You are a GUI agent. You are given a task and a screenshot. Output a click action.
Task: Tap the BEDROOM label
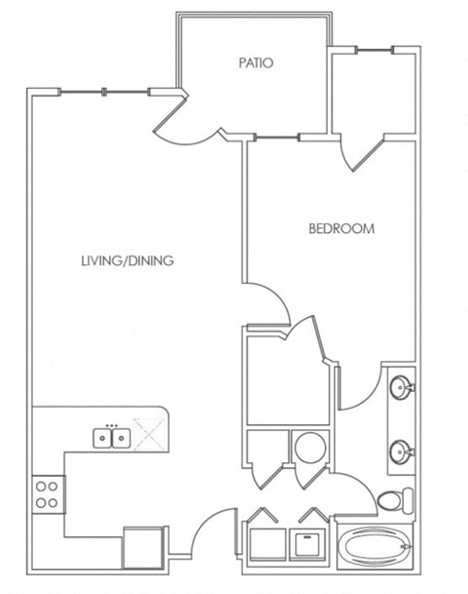(341, 228)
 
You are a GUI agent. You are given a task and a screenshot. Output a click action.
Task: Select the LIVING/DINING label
(128, 260)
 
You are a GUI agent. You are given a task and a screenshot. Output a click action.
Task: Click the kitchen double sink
(112, 438)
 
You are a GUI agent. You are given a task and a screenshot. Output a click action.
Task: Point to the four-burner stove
(48, 495)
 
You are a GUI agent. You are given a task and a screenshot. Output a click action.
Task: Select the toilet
(395, 500)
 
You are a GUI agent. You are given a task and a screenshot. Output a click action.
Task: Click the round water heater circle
(310, 447)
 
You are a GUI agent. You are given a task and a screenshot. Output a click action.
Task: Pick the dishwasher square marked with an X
(149, 434)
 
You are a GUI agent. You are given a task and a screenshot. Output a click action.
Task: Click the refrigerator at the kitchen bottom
(143, 548)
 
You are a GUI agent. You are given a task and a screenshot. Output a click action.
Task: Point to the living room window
(103, 92)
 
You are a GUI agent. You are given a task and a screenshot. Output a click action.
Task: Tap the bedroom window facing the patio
(277, 138)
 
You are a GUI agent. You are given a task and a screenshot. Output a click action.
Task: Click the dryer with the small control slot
(308, 544)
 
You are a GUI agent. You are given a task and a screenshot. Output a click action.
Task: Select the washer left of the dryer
(268, 544)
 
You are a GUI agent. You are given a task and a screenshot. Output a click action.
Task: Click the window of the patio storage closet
(374, 50)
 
